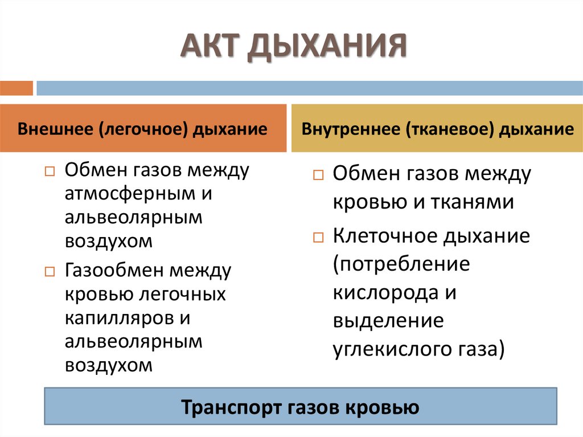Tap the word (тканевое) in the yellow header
(x=449, y=129)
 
